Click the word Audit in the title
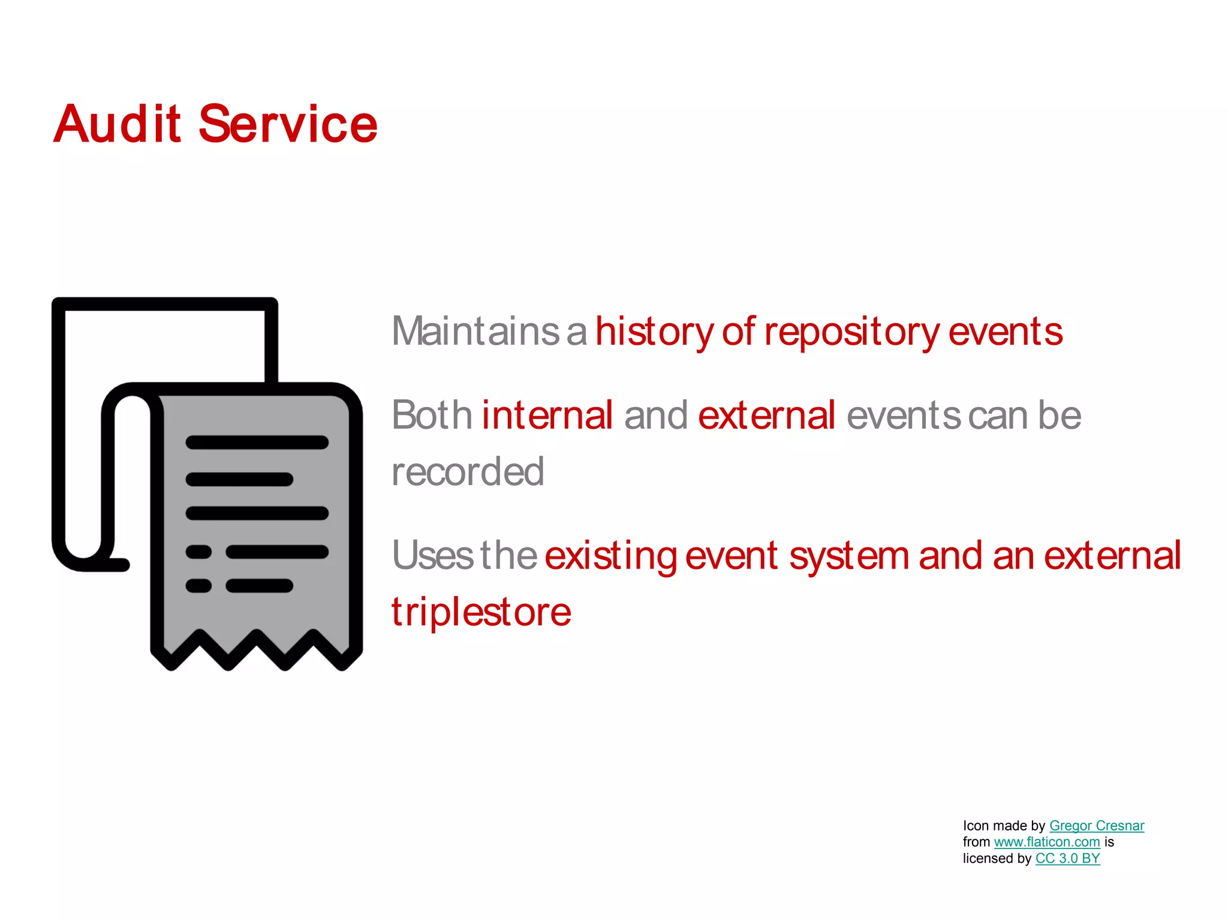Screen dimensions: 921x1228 tap(118, 124)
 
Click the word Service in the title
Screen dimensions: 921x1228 tap(288, 124)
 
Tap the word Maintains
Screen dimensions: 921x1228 tap(475, 331)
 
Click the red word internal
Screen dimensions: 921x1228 tap(547, 415)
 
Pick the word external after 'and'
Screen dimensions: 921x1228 tap(766, 415)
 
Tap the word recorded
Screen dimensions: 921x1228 tap(468, 471)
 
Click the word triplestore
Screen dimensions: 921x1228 tap(481, 612)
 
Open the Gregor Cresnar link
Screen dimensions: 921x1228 tap(1096, 826)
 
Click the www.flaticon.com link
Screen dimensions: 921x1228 tap(1046, 842)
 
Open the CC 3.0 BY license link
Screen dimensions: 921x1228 tap(1067, 858)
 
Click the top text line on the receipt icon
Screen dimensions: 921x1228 tap(257, 443)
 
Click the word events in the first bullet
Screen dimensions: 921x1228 tap(1005, 331)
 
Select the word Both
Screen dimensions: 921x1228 tap(432, 415)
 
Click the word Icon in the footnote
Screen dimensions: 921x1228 tap(976, 826)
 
